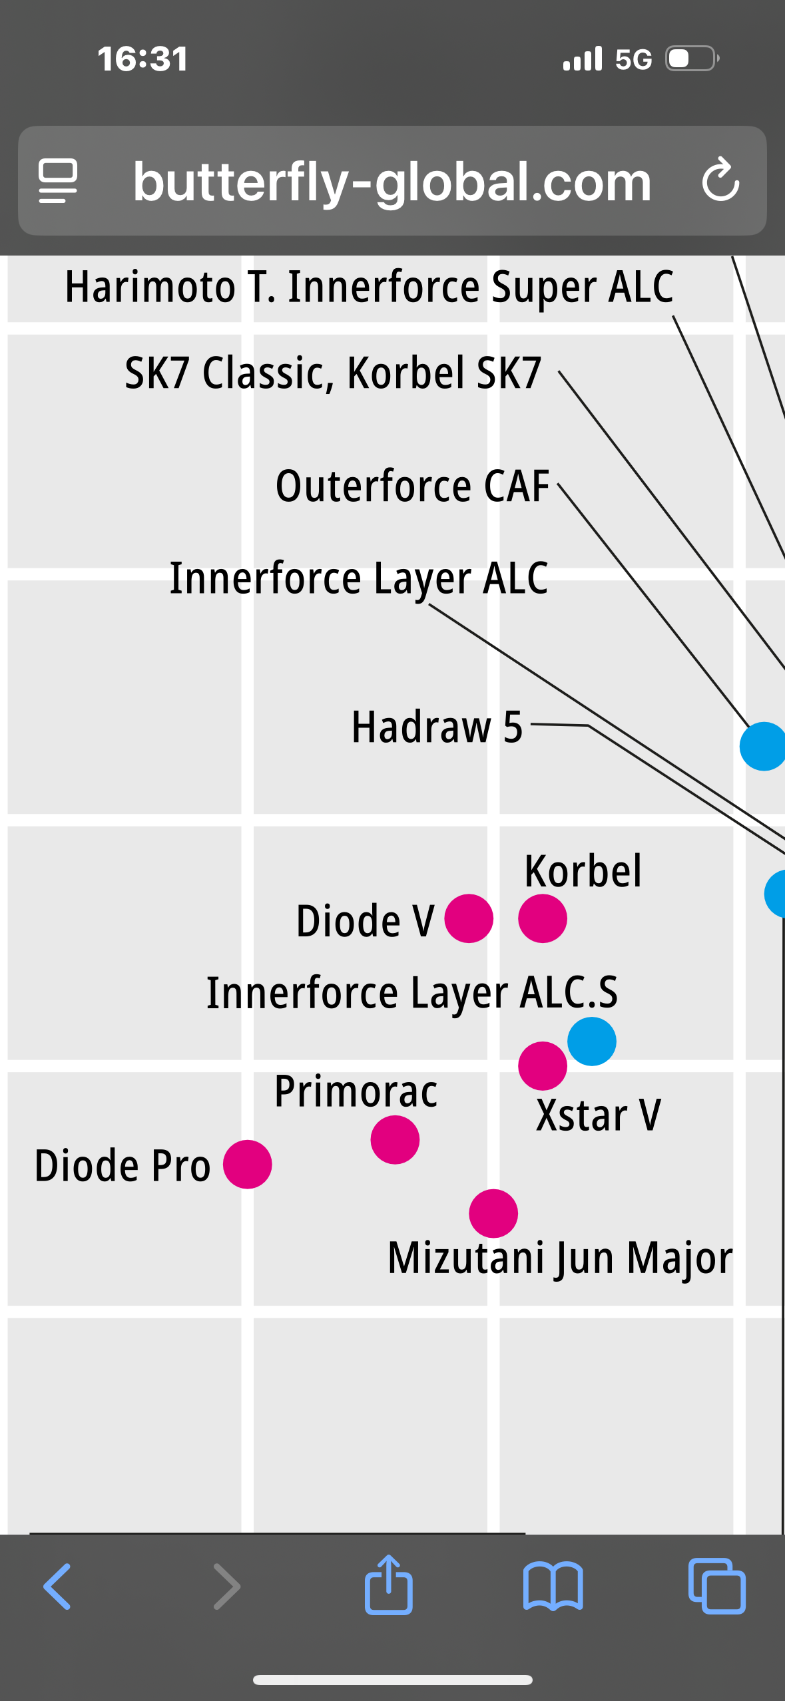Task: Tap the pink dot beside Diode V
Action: (x=469, y=918)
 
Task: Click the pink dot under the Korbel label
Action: (x=543, y=918)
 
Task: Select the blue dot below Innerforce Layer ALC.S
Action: (x=592, y=1041)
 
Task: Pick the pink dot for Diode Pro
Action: (x=247, y=1165)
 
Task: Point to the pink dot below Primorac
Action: (x=395, y=1140)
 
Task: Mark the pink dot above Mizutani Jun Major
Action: (x=493, y=1214)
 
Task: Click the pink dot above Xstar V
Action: (x=543, y=1066)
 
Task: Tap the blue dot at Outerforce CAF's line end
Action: (x=763, y=747)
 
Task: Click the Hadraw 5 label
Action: (x=437, y=727)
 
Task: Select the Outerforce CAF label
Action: (x=412, y=486)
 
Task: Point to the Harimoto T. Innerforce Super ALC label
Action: (x=369, y=287)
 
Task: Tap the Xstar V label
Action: (x=599, y=1115)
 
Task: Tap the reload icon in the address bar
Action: (x=720, y=180)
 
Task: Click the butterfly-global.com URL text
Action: (x=392, y=182)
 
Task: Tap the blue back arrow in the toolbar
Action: (x=57, y=1587)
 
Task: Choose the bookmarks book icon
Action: (x=553, y=1586)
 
